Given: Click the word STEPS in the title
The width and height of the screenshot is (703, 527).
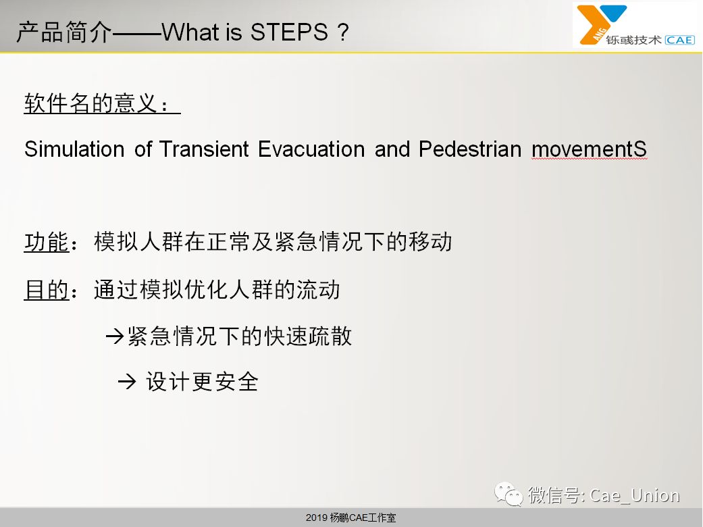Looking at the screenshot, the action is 289,32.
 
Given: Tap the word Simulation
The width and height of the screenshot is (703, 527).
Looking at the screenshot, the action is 74,149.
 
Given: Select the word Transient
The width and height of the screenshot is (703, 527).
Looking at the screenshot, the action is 204,149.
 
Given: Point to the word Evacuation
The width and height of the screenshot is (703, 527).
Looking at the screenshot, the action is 311,149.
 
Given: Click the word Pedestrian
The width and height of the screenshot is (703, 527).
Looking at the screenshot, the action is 470,149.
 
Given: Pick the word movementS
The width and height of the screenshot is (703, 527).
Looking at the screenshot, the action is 589,149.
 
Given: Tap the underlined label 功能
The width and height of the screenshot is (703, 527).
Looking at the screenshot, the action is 47,242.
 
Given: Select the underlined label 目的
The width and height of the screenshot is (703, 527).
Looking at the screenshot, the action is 47,289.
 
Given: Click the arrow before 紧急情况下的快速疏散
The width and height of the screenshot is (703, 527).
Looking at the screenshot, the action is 115,336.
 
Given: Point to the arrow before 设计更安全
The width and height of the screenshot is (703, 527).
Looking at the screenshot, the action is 127,382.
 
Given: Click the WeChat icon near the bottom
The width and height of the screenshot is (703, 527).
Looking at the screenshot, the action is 509,494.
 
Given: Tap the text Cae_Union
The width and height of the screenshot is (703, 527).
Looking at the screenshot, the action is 635,495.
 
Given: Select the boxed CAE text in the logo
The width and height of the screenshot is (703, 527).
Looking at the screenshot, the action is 680,40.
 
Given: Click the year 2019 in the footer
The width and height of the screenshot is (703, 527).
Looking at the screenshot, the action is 317,518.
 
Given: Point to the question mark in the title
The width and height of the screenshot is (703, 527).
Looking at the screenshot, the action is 343,32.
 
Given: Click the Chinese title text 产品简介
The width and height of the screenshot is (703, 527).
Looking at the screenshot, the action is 63,32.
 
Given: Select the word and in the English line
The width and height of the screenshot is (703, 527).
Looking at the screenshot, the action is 392,149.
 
